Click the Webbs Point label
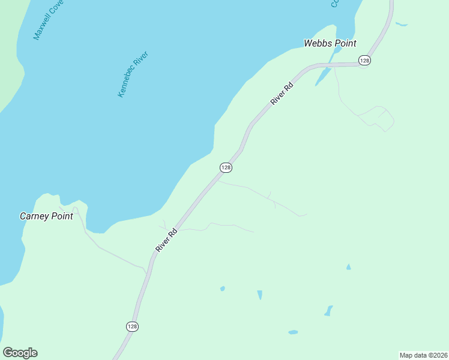tap(330, 43)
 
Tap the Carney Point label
tap(46, 216)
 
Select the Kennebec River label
tap(133, 74)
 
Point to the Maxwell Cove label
tap(48, 20)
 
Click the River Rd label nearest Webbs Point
tap(282, 94)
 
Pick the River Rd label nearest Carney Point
tap(166, 239)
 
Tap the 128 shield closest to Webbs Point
tap(364, 60)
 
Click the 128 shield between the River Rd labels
tap(226, 167)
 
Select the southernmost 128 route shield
tap(133, 326)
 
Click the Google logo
tap(20, 353)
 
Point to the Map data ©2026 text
tap(423, 355)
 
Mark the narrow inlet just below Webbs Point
tap(323, 76)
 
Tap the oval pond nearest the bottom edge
tap(293, 332)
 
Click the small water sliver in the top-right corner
tap(401, 25)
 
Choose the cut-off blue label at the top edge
tap(335, 4)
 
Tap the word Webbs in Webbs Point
tap(317, 43)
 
